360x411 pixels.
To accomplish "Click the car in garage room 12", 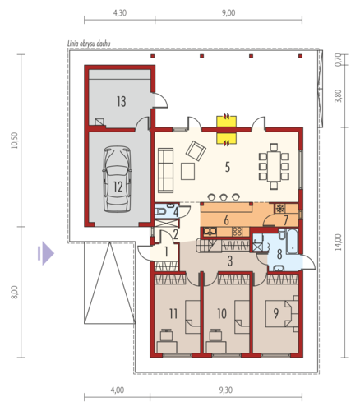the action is tap(117, 178).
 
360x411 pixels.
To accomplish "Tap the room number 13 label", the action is tap(122, 101).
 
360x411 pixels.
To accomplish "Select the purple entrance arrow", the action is tap(46, 253).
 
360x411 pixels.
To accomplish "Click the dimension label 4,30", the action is tap(120, 13).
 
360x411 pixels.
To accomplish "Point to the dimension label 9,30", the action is tap(226, 390).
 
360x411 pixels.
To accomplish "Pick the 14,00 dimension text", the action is tap(338, 242).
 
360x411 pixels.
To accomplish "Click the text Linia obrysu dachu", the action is tap(89, 44).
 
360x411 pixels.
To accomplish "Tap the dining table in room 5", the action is tap(274, 166).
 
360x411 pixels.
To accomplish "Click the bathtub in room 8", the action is tap(293, 241).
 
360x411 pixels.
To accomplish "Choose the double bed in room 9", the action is tap(279, 313).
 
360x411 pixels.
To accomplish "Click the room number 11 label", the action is tap(173, 313).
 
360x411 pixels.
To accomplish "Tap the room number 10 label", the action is tap(222, 313).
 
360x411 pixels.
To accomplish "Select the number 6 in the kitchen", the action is tap(226, 220).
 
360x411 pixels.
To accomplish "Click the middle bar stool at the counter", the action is tap(224, 196).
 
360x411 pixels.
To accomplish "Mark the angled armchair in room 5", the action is tap(196, 150).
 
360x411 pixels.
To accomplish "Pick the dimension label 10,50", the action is tap(14, 141).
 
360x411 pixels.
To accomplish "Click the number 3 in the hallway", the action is tap(230, 261).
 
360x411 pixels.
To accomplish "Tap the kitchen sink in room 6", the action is tap(210, 232).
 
